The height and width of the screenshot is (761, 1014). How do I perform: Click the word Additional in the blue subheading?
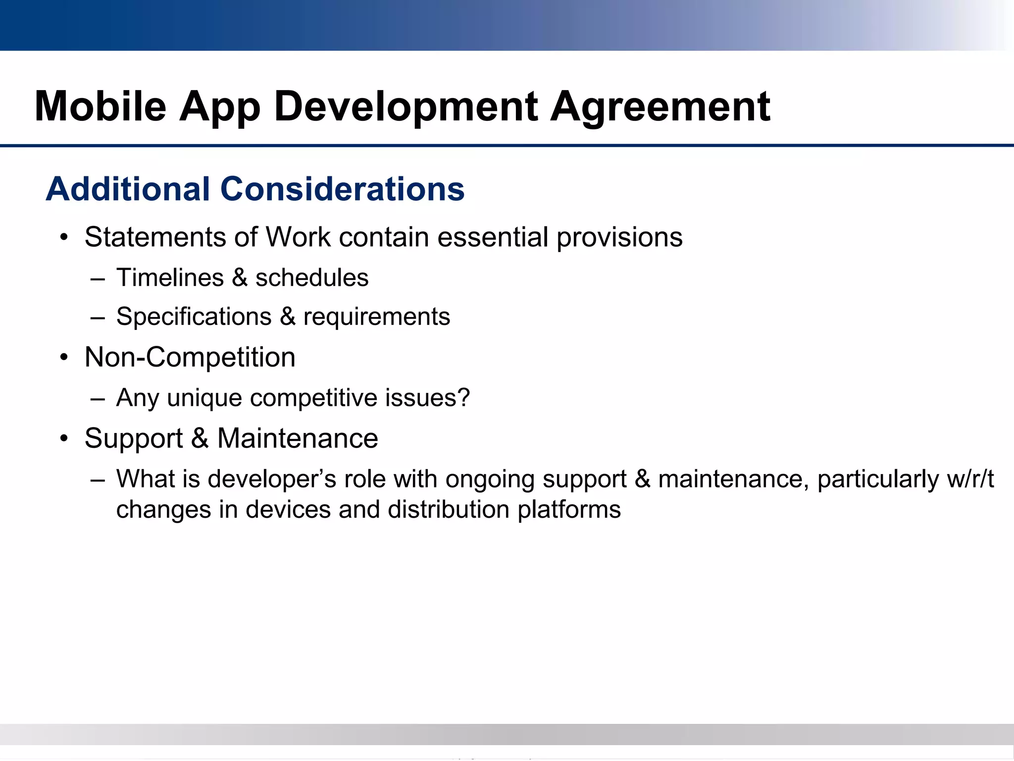(x=128, y=189)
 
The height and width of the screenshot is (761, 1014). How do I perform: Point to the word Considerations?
(x=342, y=189)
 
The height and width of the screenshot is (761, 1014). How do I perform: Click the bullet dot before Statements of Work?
(x=63, y=238)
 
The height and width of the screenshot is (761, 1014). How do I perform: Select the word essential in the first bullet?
(x=493, y=237)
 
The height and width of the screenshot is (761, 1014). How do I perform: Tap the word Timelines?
(x=170, y=277)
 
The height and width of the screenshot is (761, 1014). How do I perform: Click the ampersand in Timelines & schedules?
(x=240, y=277)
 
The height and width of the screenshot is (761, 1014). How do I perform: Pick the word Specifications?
(x=194, y=317)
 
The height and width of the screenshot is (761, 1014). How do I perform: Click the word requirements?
(x=376, y=317)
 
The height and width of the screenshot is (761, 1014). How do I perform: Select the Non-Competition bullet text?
(x=190, y=357)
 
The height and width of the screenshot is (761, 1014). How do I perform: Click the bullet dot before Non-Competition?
(x=63, y=358)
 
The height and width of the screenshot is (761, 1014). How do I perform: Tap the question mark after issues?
(x=463, y=397)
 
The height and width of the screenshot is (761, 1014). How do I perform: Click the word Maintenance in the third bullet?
(x=298, y=438)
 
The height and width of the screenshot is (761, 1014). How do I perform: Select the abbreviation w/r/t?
(x=970, y=479)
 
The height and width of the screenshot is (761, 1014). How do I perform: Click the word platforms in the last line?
(x=569, y=510)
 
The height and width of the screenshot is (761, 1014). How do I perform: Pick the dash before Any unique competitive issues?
(x=98, y=398)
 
